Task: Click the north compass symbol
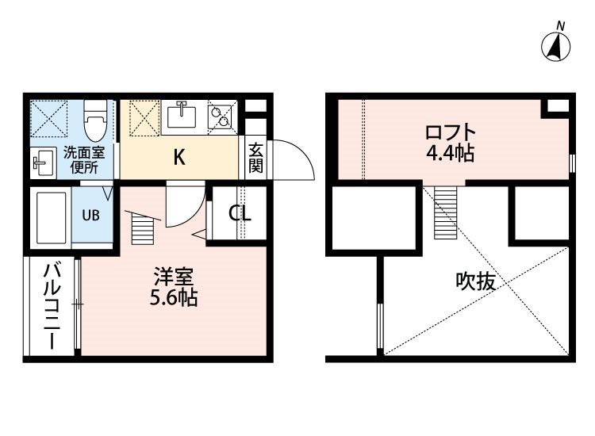coord(556,46)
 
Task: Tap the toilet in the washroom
coord(96,120)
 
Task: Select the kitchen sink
coord(182,117)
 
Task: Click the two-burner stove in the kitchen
coord(220,117)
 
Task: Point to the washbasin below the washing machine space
coord(44,163)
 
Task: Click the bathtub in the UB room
coord(52,218)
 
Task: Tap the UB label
coord(91,216)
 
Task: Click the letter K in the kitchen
coord(179,157)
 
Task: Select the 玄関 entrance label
coord(255,158)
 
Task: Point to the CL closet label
coord(240,213)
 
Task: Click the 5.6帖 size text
coord(174,298)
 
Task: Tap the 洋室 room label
coord(174,277)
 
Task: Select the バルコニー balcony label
coord(52,306)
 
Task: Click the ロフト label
coord(450,132)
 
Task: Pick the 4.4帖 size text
coord(451,154)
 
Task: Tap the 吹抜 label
coord(475,281)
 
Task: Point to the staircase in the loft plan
coord(446,212)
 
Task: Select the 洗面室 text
coord(84,153)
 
